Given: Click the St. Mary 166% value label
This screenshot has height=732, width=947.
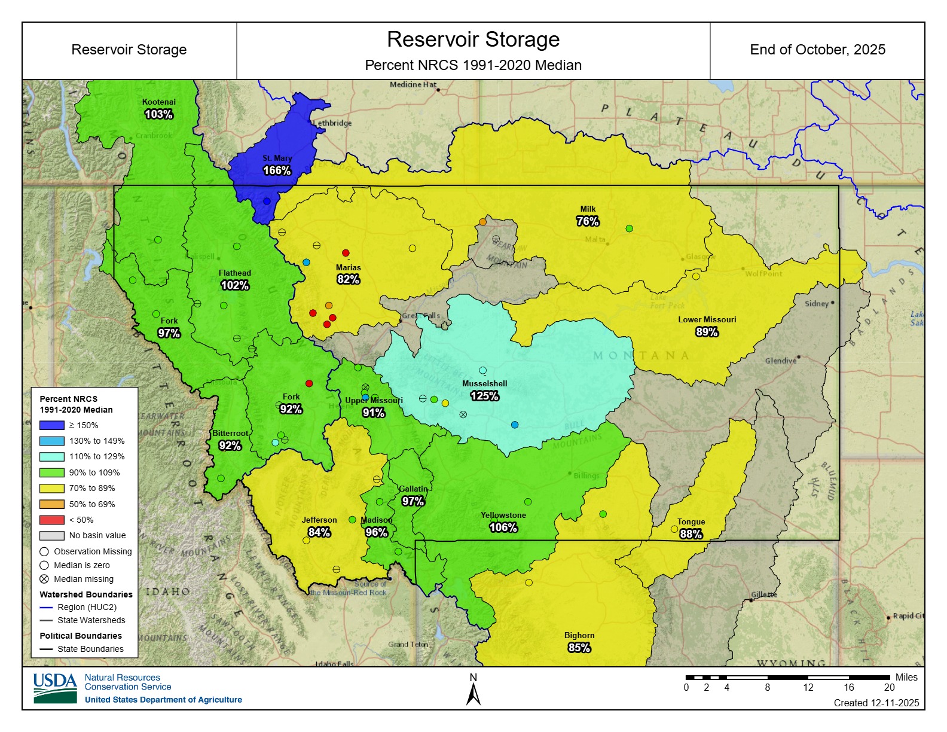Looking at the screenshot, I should pos(277,170).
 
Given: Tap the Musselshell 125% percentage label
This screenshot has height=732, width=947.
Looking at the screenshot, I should pos(484,396).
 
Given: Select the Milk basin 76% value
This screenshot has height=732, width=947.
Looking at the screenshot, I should pos(587,221).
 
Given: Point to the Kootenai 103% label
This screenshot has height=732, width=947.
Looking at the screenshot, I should pos(158,114).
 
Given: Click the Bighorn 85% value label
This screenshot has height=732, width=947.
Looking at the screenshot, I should pos(579,648).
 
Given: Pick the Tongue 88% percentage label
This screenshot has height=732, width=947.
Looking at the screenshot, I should pos(691,534).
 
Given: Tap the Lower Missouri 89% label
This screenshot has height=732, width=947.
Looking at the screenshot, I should pos(707,332).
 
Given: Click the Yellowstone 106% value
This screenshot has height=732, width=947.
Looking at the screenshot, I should pos(503,527).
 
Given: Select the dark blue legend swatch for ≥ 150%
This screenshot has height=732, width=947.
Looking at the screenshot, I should pos(51,425).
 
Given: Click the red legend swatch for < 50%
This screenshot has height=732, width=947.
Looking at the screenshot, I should pos(51,520).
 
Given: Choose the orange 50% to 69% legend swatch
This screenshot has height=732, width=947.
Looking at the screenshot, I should pos(51,504).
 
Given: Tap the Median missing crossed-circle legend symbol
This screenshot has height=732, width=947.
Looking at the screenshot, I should pos(44,579).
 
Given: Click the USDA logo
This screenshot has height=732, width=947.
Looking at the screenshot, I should pos(55,688).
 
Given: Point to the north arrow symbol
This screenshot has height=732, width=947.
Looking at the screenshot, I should pos(473,694).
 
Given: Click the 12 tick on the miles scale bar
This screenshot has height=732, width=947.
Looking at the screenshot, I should pos(808,687).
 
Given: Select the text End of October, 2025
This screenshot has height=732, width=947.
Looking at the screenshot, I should pos(817,50).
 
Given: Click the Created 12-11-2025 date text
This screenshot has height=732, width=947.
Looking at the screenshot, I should pos(876,703).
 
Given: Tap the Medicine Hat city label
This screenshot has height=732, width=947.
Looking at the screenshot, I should pos(413,85).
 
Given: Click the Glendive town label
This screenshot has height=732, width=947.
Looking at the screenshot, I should pos(780,361).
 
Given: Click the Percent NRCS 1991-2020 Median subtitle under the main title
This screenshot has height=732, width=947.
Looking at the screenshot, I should pos(473,65).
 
